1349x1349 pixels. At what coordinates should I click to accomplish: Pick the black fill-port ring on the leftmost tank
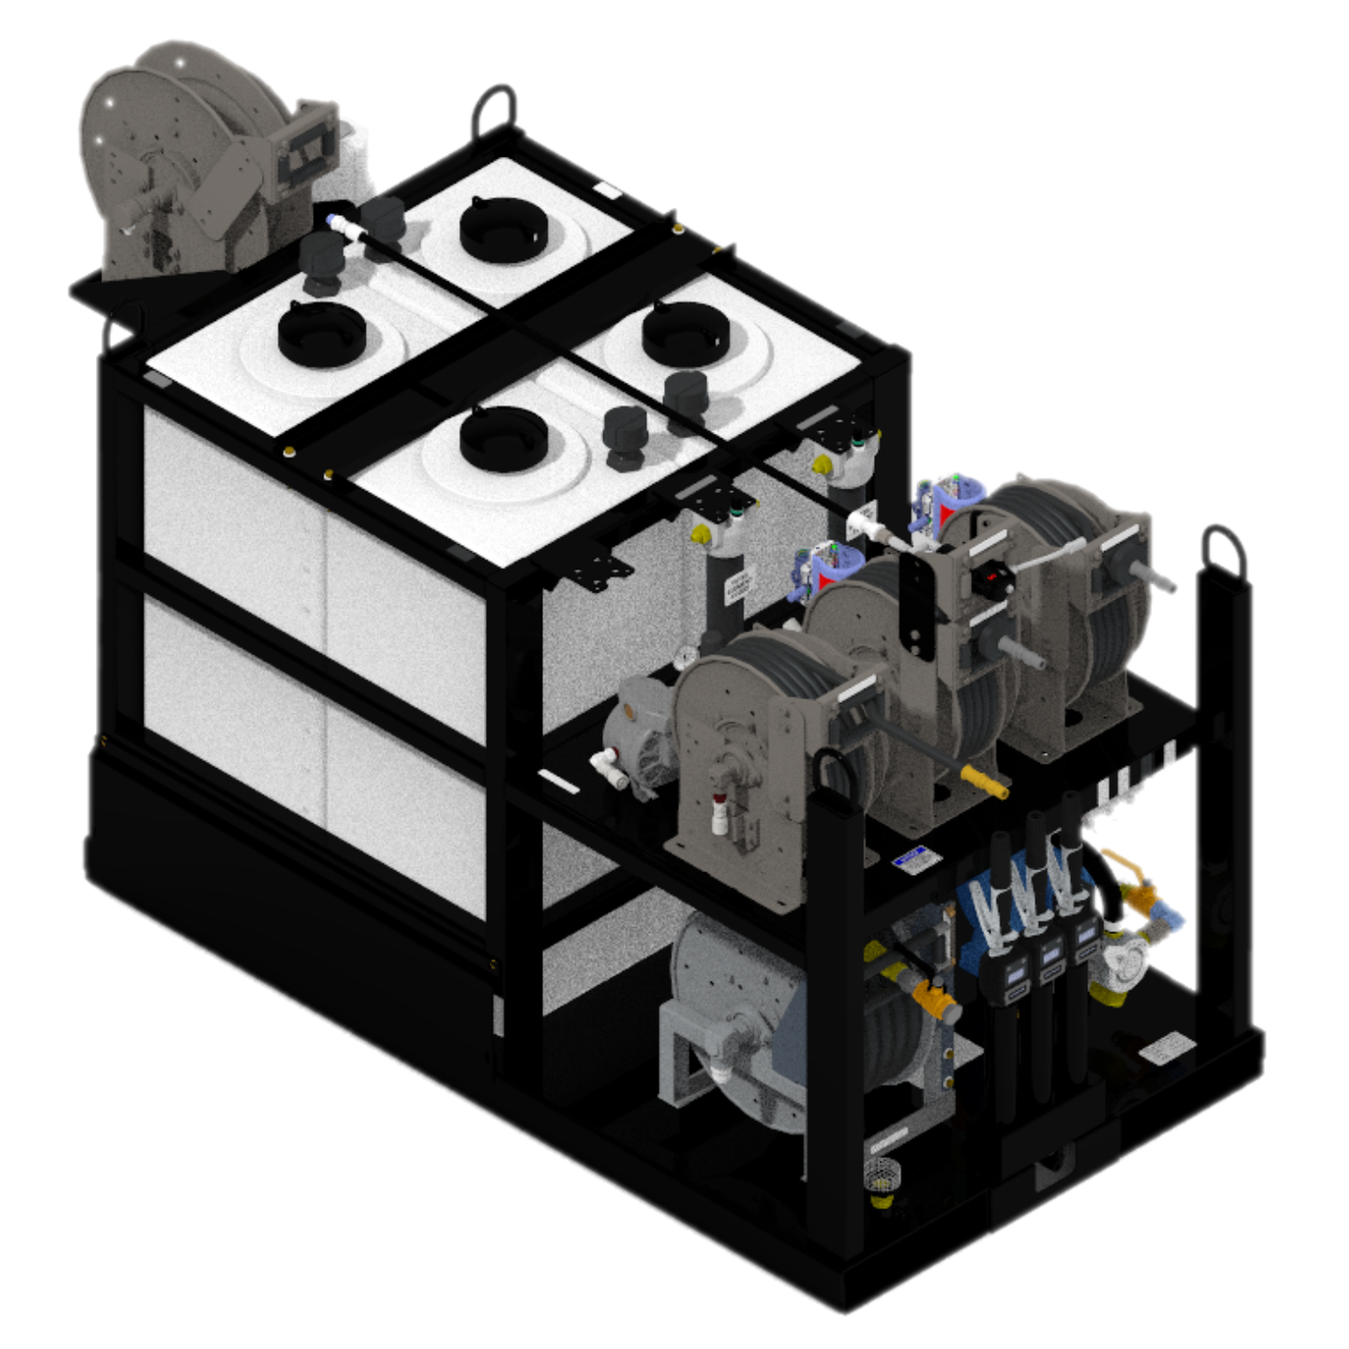coord(321,333)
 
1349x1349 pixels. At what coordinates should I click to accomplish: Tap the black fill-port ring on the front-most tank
coord(503,439)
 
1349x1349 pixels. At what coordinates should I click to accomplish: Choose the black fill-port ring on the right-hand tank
coord(685,333)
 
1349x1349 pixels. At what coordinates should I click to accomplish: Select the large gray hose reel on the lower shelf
coord(738,1018)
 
